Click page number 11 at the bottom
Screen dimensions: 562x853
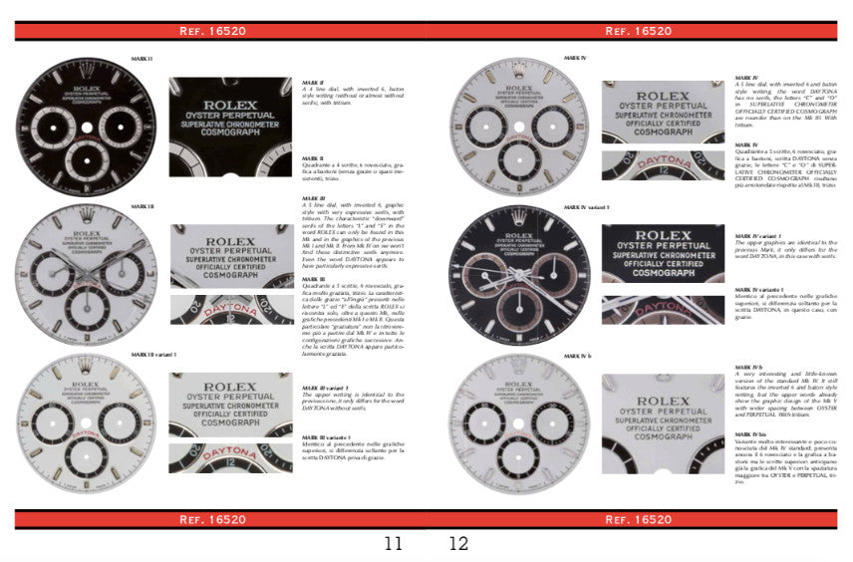394,544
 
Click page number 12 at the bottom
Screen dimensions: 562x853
458,544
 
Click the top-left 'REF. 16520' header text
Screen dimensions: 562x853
212,31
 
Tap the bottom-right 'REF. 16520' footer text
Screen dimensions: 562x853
639,519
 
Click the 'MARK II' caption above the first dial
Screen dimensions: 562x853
142,59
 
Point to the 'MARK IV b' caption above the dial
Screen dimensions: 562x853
578,356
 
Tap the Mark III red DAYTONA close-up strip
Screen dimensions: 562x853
230,310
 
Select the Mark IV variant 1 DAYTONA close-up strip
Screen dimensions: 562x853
663,310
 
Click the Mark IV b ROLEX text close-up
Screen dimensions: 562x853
663,408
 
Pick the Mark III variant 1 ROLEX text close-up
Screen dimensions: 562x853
230,404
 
